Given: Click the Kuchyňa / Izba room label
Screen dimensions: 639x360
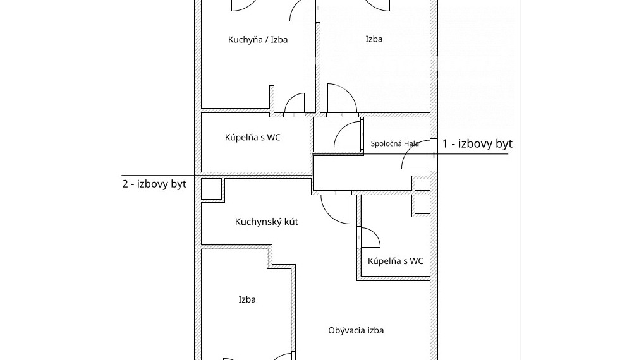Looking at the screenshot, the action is pyautogui.click(x=257, y=40).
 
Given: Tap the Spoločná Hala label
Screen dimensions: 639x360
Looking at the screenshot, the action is pyautogui.click(x=394, y=143).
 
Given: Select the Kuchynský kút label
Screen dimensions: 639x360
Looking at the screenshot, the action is pyautogui.click(x=267, y=222).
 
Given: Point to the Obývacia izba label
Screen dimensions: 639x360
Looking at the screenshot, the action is pyautogui.click(x=356, y=330).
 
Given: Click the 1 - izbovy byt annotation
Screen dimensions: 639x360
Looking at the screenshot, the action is pyautogui.click(x=477, y=143).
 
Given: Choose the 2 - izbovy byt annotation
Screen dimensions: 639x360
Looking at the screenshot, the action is pyautogui.click(x=154, y=184).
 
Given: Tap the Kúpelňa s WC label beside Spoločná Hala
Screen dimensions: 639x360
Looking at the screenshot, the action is pyautogui.click(x=253, y=137).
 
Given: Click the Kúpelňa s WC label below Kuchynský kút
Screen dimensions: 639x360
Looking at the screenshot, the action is pyautogui.click(x=395, y=261).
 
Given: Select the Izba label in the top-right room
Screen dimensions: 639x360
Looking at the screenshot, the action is pyautogui.click(x=374, y=39).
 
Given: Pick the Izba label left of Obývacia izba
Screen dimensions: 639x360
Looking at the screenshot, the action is pyautogui.click(x=247, y=299).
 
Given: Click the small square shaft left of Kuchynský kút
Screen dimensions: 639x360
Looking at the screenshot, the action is pyautogui.click(x=212, y=189).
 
